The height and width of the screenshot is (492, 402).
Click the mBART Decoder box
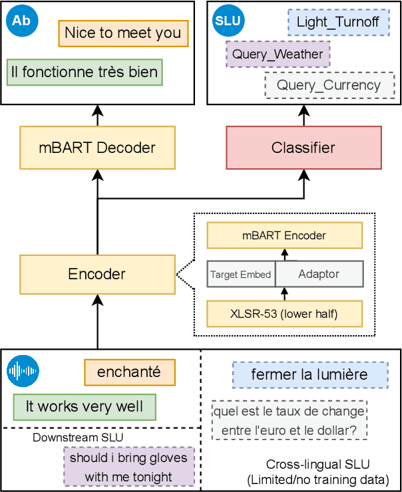(97, 148)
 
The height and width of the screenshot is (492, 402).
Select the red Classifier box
(304, 148)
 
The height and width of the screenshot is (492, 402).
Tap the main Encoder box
(97, 274)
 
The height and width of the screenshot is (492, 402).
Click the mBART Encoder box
(284, 235)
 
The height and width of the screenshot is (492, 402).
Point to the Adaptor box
(319, 274)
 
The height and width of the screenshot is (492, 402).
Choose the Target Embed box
(240, 274)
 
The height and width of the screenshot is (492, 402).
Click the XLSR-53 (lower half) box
(284, 314)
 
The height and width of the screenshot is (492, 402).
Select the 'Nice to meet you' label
(122, 33)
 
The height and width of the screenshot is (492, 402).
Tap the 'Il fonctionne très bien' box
(84, 72)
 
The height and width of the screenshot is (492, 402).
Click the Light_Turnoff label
(337, 22)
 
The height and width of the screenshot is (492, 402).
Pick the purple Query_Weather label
(278, 55)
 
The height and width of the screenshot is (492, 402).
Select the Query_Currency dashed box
(329, 85)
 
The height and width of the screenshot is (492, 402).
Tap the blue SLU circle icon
(228, 21)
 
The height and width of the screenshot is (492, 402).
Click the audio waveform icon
(23, 372)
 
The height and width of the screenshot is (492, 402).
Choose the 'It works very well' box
(84, 406)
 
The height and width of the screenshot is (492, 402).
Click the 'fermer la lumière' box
(309, 375)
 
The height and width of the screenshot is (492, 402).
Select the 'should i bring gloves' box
(129, 467)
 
